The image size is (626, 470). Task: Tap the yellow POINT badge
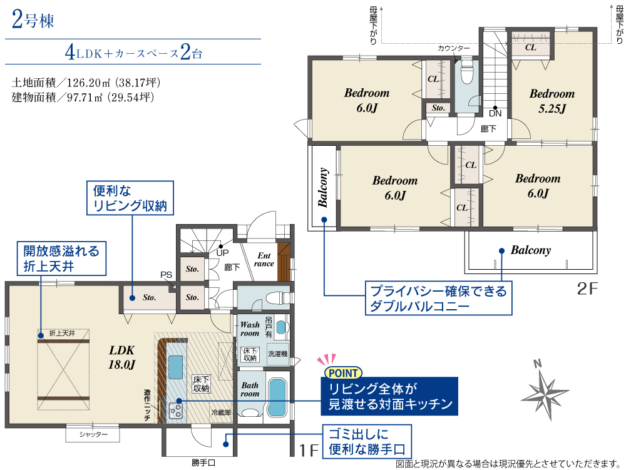[343, 373]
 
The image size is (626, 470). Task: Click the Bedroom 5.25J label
[552, 101]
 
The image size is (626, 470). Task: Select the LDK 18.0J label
[122, 357]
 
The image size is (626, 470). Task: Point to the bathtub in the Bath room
[277, 397]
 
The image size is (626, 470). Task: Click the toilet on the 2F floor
[466, 72]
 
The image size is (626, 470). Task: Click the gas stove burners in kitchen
[176, 411]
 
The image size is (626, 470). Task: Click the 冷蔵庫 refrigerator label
[221, 412]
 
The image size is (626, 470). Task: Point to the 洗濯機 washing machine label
[278, 354]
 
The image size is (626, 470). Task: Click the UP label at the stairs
[222, 253]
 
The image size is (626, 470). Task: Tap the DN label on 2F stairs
[495, 113]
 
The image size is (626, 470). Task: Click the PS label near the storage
[166, 275]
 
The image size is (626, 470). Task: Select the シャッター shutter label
[93, 434]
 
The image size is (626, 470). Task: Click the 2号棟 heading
[33, 19]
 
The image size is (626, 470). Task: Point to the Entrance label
[264, 259]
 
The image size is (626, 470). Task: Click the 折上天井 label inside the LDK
[62, 333]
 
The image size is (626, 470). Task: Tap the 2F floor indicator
[587, 289]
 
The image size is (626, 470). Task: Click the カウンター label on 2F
[453, 48]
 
